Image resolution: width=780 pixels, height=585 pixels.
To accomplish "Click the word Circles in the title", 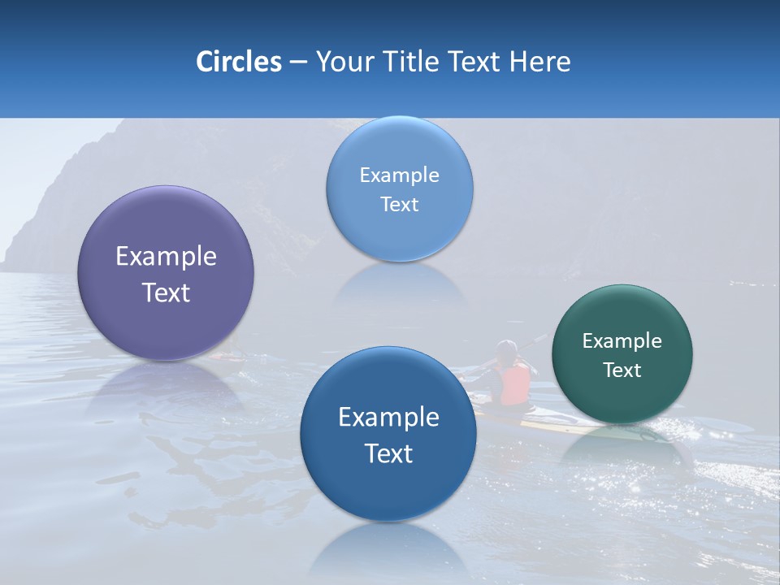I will [238, 62].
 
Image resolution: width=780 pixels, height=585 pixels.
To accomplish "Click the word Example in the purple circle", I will [166, 257].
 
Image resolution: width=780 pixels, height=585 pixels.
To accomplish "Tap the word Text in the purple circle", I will [166, 292].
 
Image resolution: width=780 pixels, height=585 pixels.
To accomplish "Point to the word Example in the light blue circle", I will [399, 175].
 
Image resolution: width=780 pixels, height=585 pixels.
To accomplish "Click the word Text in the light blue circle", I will [399, 204].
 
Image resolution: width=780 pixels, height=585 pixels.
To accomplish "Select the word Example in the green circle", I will [622, 341].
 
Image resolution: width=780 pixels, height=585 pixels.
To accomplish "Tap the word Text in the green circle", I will [622, 370].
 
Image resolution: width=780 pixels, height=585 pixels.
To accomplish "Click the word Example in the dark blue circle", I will [388, 418].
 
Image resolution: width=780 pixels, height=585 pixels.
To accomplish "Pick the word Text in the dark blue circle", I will [388, 453].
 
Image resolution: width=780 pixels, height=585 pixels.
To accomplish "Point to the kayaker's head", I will [507, 349].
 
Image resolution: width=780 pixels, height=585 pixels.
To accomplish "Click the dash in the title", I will [298, 63].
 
